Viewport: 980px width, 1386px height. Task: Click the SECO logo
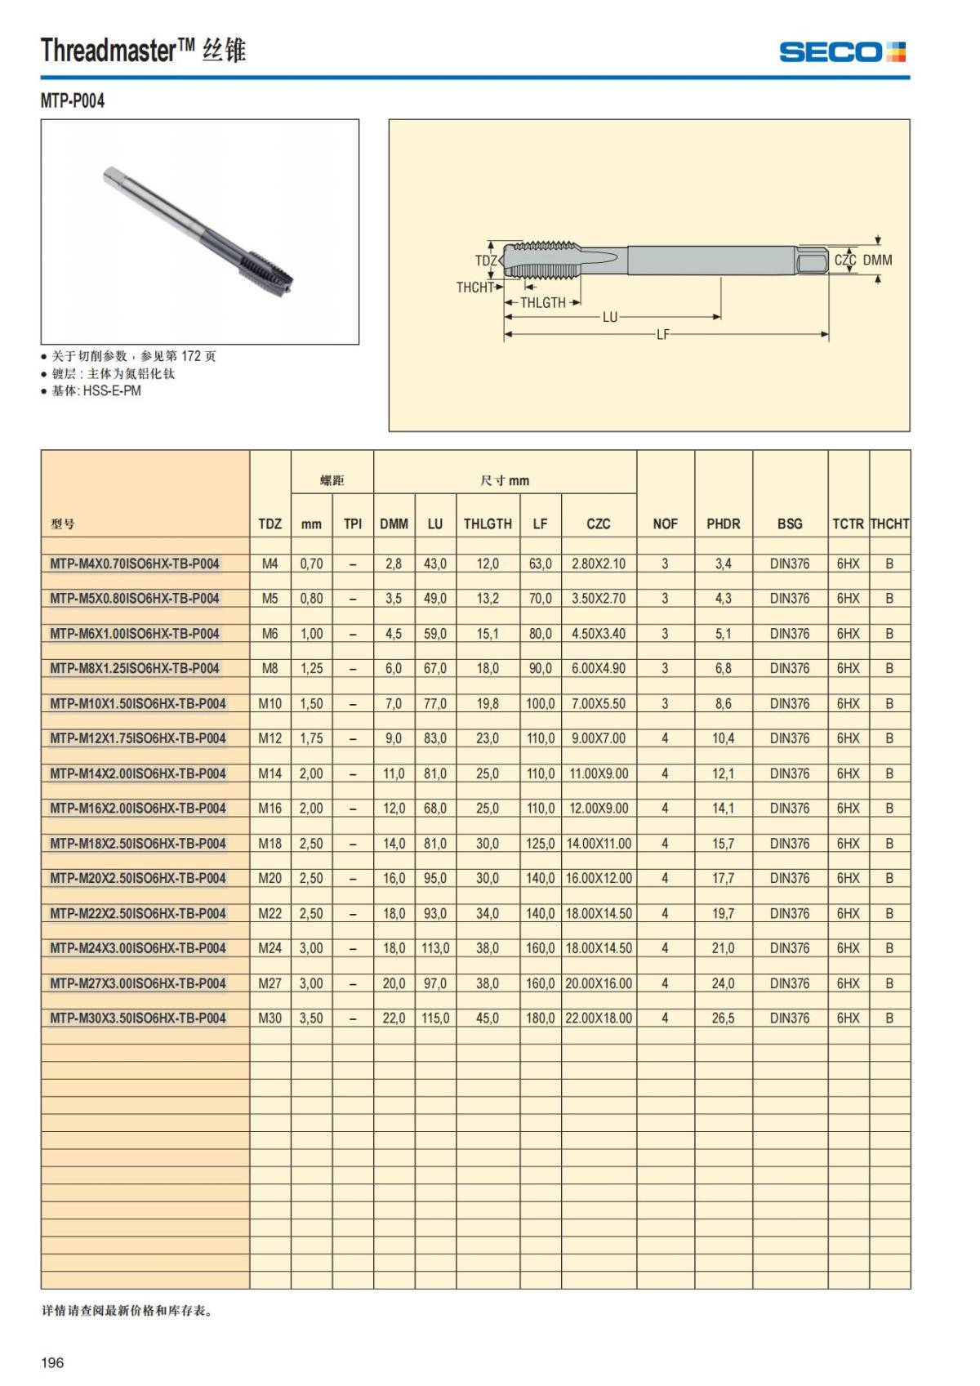pyautogui.click(x=842, y=52)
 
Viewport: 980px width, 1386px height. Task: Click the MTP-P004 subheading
pyautogui.click(x=73, y=101)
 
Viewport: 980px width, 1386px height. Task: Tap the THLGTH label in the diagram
pyautogui.click(x=542, y=302)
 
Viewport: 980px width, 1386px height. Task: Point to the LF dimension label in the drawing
pyautogui.click(x=662, y=334)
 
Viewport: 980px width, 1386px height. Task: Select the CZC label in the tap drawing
pyautogui.click(x=844, y=260)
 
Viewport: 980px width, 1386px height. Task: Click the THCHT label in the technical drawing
pyautogui.click(x=474, y=287)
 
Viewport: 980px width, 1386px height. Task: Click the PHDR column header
pyautogui.click(x=723, y=524)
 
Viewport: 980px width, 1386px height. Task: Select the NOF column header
pyautogui.click(x=665, y=524)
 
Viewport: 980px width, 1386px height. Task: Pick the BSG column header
pyautogui.click(x=789, y=524)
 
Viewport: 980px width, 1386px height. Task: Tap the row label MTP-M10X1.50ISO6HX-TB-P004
pyautogui.click(x=137, y=703)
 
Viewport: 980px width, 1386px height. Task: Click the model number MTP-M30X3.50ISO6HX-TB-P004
pyautogui.click(x=137, y=1018)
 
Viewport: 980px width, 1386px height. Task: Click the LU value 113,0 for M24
pyautogui.click(x=434, y=948)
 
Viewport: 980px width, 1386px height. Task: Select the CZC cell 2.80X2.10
pyautogui.click(x=598, y=564)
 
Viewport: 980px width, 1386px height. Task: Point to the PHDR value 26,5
pyautogui.click(x=723, y=1018)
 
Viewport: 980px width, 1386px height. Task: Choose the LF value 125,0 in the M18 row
pyautogui.click(x=540, y=843)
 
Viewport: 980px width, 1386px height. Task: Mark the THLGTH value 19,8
pyautogui.click(x=488, y=703)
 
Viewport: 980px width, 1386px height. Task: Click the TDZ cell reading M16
pyautogui.click(x=269, y=808)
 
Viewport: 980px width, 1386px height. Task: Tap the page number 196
pyautogui.click(x=52, y=1362)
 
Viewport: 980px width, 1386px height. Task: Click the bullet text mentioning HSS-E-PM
pyautogui.click(x=96, y=391)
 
